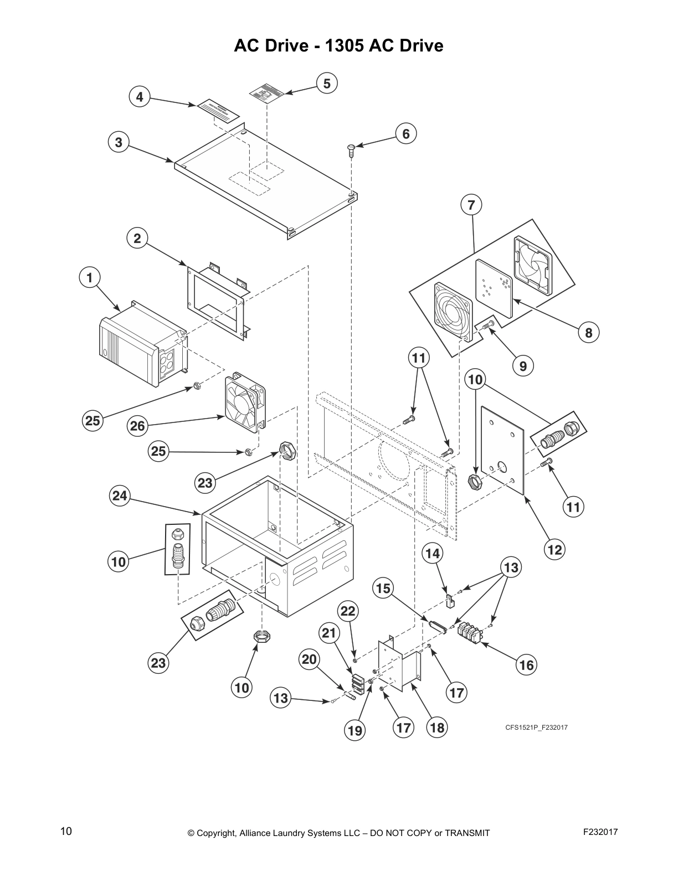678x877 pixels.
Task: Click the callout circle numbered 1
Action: point(90,277)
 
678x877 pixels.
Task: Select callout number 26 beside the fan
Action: point(137,426)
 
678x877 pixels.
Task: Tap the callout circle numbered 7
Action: point(471,205)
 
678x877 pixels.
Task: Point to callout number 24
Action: point(120,496)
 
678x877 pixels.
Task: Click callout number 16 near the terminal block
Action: point(527,664)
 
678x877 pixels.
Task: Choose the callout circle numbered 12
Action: point(554,549)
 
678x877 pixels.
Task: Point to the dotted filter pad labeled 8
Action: point(495,287)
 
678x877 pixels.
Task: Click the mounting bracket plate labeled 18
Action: point(397,665)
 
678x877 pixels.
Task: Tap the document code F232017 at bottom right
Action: point(600,832)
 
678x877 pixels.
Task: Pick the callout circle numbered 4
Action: point(140,97)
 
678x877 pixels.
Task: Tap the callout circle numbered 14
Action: point(433,553)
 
